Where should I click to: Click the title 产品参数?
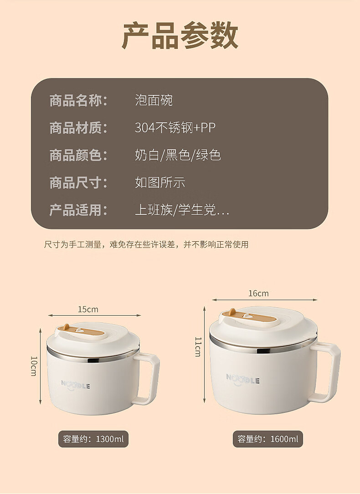coord(180,35)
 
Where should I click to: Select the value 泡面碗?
coord(154,100)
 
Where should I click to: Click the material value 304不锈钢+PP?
coord(175,128)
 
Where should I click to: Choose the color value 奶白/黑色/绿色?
coord(178,155)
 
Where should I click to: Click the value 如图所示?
coord(160,182)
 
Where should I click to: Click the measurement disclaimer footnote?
coord(146,244)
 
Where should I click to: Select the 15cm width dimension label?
coord(88,309)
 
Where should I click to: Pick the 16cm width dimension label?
coord(259,293)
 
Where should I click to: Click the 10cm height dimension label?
coord(34,366)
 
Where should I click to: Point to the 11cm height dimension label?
coord(198,347)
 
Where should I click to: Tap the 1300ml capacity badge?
coord(93,439)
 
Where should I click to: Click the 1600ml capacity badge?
coord(268,439)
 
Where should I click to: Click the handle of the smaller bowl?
coord(154,378)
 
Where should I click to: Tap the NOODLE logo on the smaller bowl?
coord(76,385)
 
